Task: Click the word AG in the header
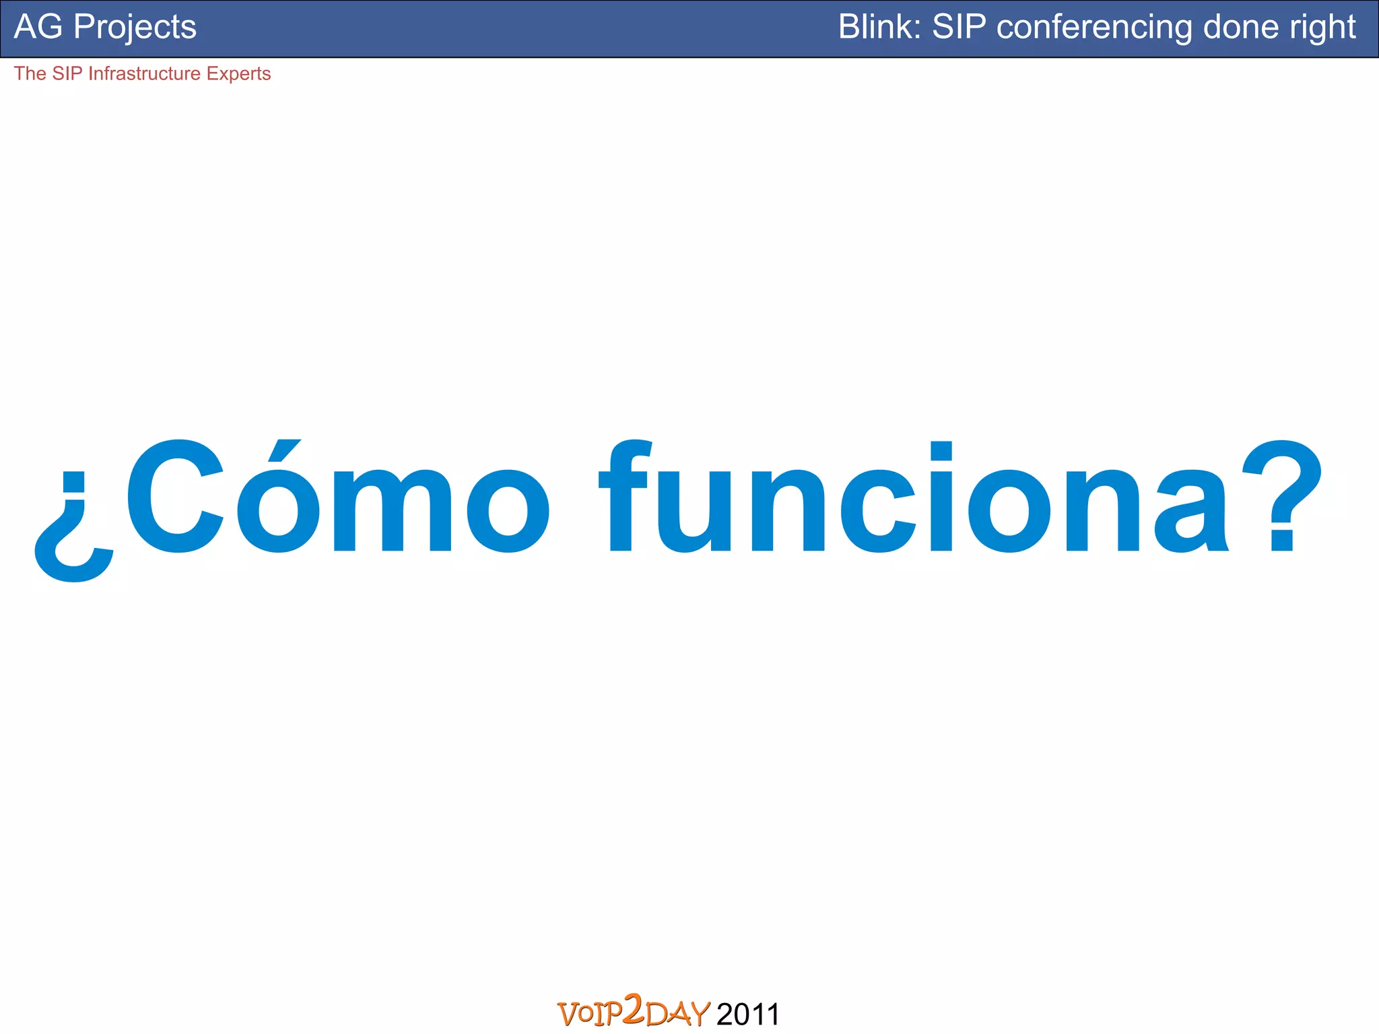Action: point(38,28)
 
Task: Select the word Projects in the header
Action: point(135,28)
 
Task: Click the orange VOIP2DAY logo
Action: point(634,1012)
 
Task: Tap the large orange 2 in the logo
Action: point(634,1008)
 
